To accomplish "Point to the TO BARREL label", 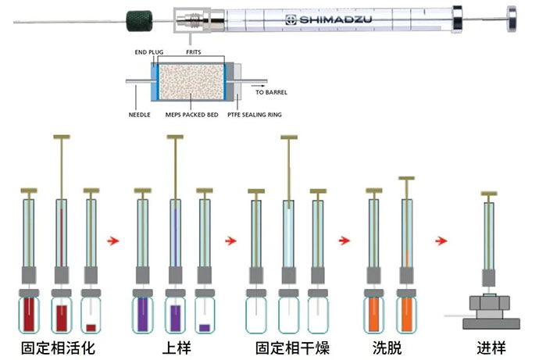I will pyautogui.click(x=272, y=92).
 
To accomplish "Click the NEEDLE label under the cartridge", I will pyautogui.click(x=139, y=115).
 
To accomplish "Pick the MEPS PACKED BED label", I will pyautogui.click(x=191, y=115).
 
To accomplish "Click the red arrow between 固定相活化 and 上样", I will pyautogui.click(x=112, y=241).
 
